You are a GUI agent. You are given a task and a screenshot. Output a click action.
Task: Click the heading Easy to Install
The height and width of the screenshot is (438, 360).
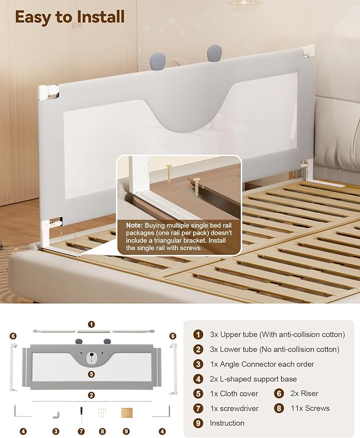pos(69,16)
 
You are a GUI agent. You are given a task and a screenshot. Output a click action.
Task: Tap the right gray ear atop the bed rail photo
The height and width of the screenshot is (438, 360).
pos(214,53)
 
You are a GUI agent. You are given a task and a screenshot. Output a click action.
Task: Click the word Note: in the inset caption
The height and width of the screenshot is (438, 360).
pos(134,225)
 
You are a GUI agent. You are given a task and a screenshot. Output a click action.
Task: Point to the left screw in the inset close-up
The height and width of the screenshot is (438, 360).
pos(170,172)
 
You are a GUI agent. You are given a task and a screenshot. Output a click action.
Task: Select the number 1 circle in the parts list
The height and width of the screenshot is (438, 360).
pos(198,334)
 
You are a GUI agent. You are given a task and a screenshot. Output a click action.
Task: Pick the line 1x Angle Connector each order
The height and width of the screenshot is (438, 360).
pos(262,364)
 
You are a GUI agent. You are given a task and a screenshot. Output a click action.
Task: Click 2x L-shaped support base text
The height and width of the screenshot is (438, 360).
pos(253,379)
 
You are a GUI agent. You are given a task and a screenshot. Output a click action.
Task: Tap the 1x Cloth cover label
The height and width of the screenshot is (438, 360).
pos(234,393)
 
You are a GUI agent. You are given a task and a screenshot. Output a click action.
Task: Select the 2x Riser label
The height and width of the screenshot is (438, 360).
pos(305,393)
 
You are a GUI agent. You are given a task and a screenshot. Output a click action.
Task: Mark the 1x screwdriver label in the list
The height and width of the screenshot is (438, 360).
pos(234,408)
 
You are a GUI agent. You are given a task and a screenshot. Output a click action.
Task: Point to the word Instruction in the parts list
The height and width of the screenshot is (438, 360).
pos(227,423)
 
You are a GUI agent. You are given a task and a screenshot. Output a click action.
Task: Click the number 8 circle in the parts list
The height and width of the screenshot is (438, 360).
pos(279,408)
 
